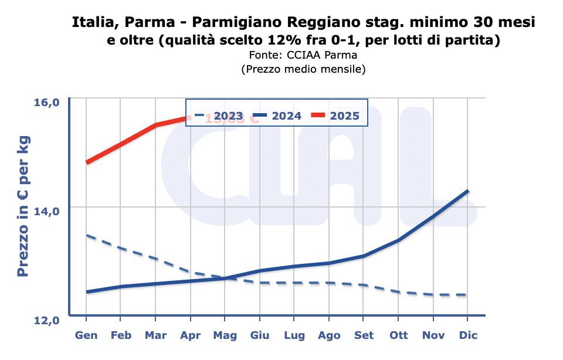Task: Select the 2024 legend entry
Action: click(274, 116)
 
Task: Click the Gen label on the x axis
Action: click(86, 336)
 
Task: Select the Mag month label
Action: click(225, 336)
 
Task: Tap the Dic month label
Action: click(468, 336)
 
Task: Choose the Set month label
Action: click(364, 336)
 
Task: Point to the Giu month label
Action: click(259, 336)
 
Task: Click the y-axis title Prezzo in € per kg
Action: click(23, 208)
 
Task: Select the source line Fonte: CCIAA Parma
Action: click(303, 55)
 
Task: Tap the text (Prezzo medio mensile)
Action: click(303, 69)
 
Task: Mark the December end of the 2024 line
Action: click(467, 191)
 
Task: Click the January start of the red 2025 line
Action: click(87, 162)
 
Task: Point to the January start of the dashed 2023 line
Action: click(87, 236)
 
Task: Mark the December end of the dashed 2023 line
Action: click(467, 295)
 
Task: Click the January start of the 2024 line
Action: click(87, 292)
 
